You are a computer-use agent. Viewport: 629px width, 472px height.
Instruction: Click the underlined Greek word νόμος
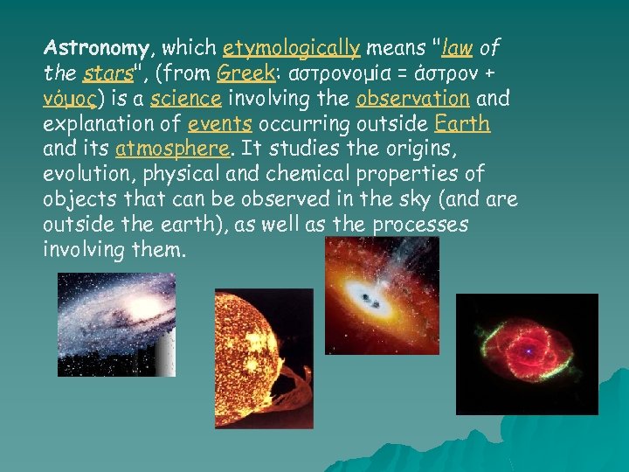click(69, 97)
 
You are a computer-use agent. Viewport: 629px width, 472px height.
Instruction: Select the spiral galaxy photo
click(116, 323)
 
